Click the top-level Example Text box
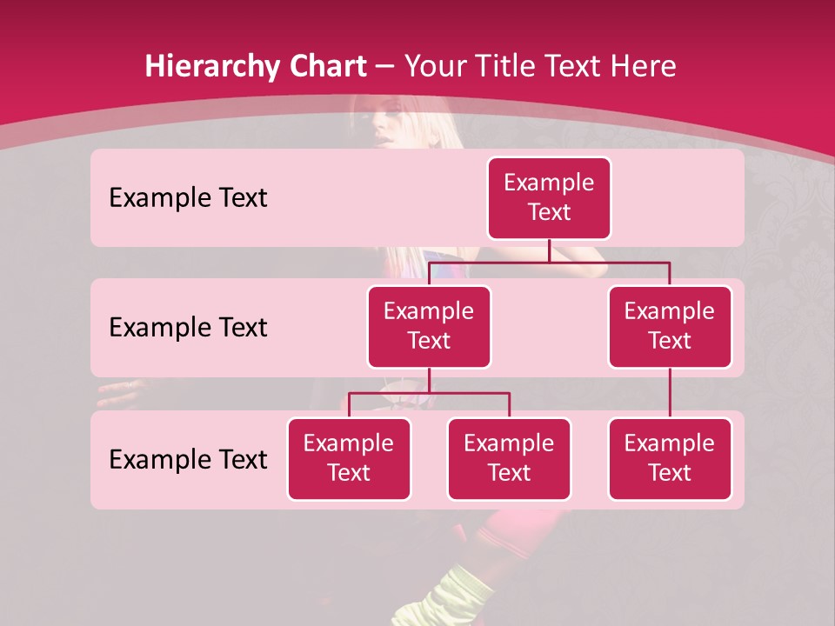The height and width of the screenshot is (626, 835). coord(549,198)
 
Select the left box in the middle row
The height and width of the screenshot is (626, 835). coord(429,327)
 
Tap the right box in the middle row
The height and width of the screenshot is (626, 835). coord(670,327)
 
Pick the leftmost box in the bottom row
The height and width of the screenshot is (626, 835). coord(349,459)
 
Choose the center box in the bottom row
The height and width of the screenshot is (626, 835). coord(509,459)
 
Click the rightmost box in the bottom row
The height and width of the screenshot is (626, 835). coord(670,459)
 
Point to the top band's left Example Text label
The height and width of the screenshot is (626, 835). coord(188,198)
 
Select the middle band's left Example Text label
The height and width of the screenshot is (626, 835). coord(188,328)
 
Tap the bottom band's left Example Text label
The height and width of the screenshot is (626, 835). coord(188,460)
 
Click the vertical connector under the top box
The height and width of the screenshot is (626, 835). coord(549,250)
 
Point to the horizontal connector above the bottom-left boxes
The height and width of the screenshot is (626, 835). coord(429,393)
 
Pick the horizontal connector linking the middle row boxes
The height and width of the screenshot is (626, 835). coord(549,262)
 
